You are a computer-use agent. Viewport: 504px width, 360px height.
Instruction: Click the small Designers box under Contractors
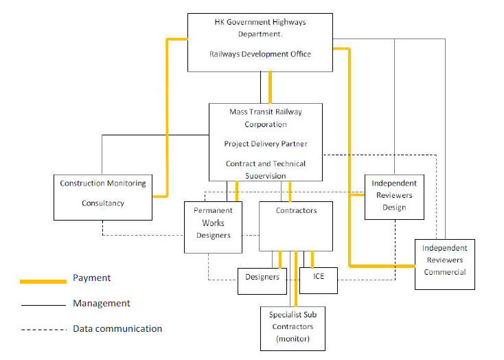click(262, 277)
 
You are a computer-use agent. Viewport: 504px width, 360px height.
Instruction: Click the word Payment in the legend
click(91, 278)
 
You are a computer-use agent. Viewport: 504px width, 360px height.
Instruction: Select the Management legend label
click(102, 303)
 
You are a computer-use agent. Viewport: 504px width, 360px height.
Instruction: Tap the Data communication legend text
click(117, 328)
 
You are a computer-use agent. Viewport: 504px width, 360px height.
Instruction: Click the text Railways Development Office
click(260, 54)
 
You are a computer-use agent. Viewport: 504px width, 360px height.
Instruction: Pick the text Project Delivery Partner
click(265, 144)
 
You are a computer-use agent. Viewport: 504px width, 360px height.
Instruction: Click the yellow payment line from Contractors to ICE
click(312, 259)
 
